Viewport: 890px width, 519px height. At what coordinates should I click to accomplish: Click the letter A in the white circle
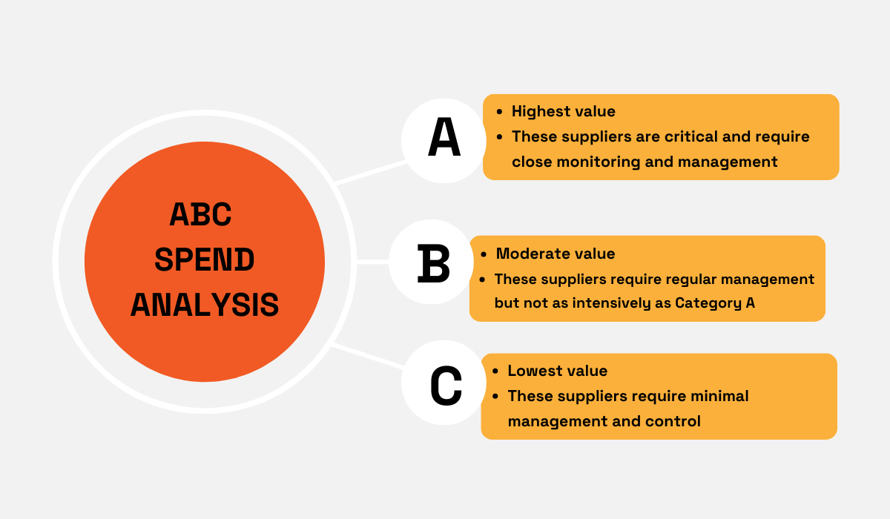[x=444, y=139]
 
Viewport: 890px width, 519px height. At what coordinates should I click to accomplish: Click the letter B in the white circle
[x=434, y=263]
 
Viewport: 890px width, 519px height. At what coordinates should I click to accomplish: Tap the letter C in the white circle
[x=446, y=386]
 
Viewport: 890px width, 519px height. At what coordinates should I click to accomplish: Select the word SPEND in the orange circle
[x=205, y=260]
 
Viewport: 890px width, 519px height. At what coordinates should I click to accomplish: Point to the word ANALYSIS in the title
[x=205, y=305]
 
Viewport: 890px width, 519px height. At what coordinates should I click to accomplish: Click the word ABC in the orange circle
[x=201, y=215]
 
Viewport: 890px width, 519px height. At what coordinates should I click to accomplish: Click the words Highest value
[x=563, y=111]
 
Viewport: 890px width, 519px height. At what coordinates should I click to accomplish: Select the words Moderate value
[x=555, y=254]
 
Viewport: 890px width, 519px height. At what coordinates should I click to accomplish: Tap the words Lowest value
[x=557, y=371]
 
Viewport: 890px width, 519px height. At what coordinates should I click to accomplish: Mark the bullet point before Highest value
[x=498, y=112]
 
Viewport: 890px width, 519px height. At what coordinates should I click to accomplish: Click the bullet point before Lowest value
[x=494, y=371]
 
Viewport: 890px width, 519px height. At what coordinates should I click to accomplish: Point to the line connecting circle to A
[x=369, y=172]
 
